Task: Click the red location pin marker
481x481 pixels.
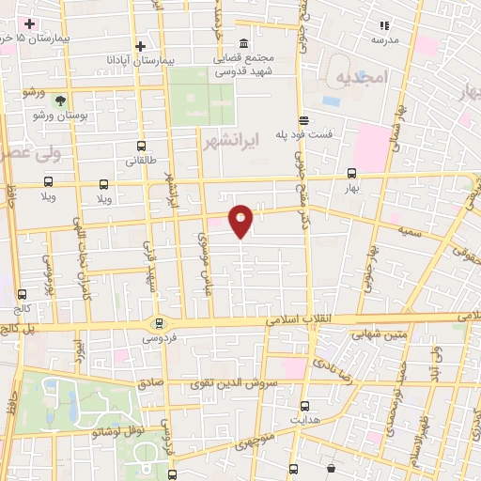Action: point(241,221)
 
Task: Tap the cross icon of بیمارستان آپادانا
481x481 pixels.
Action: point(140,46)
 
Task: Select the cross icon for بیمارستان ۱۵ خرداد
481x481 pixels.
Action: point(29,23)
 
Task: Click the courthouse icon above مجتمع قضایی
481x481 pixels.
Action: point(243,44)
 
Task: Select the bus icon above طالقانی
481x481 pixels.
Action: point(141,146)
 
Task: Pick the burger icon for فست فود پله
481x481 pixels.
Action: point(303,120)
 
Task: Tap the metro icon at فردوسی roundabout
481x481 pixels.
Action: point(159,321)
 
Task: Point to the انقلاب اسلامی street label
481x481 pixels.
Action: point(291,320)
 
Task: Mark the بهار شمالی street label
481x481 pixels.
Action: point(394,134)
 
